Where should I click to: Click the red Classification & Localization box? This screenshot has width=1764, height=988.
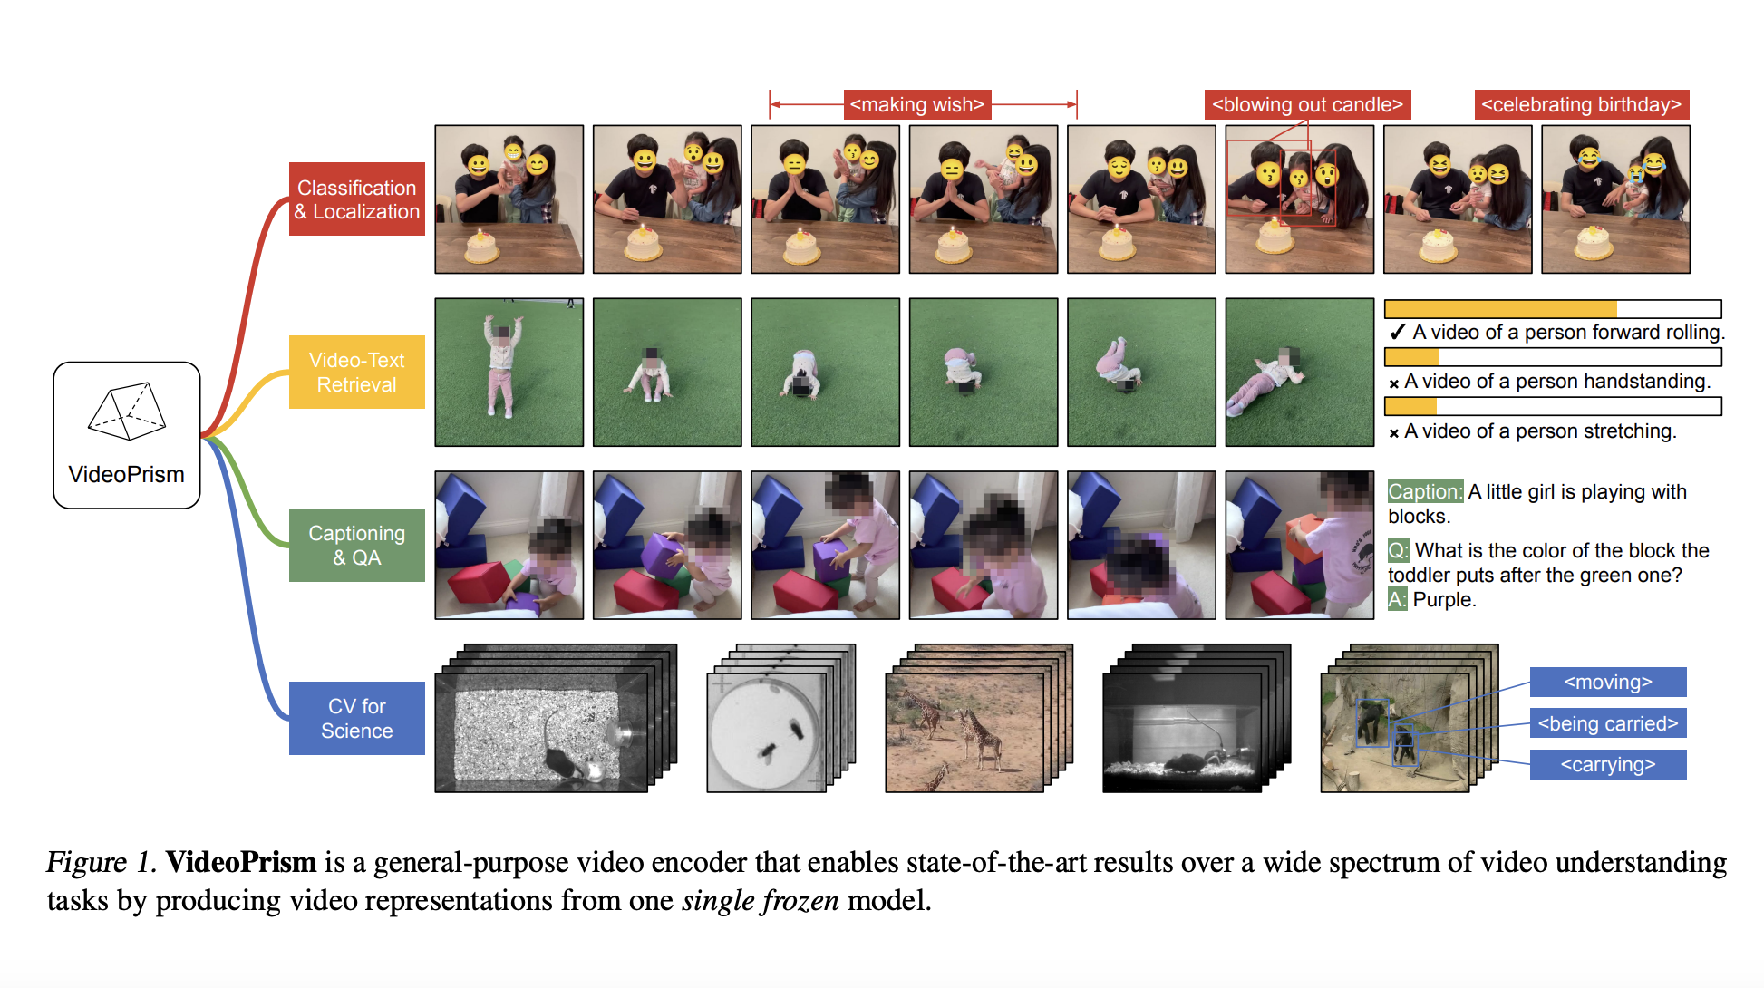(356, 199)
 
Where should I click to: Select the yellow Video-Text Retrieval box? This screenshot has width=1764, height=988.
(356, 372)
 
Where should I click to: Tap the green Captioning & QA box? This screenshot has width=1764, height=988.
(356, 545)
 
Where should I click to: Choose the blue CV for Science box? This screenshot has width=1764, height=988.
(356, 718)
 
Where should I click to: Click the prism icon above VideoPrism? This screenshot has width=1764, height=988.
(127, 412)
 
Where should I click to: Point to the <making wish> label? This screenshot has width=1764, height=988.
(916, 104)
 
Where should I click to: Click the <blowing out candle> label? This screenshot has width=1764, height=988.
(1307, 104)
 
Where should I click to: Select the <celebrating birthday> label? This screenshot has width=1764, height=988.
(1581, 104)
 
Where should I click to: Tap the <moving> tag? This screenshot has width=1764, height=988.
(1608, 682)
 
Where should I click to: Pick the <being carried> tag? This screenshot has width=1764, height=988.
(1608, 723)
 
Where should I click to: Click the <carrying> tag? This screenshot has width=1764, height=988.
(1608, 764)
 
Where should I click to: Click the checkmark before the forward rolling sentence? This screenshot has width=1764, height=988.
(1397, 332)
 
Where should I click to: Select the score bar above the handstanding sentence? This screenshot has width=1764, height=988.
(1553, 357)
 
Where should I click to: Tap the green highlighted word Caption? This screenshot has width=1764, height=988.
(1425, 491)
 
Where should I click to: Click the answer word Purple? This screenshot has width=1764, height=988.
(1444, 599)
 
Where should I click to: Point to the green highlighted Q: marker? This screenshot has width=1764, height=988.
(1398, 550)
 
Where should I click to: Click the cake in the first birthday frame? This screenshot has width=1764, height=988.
(481, 246)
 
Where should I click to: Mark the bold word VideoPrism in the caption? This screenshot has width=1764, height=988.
(241, 861)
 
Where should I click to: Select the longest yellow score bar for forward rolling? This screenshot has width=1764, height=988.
(1501, 308)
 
